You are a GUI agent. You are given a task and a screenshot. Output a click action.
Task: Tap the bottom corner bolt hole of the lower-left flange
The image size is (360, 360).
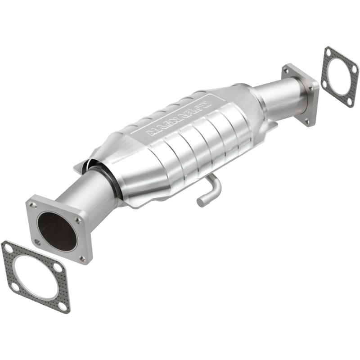tap(82, 258)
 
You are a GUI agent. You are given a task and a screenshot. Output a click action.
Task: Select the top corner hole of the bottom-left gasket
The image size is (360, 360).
tap(9, 247)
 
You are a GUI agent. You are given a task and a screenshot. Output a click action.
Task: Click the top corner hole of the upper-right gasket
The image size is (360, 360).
tap(327, 52)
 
